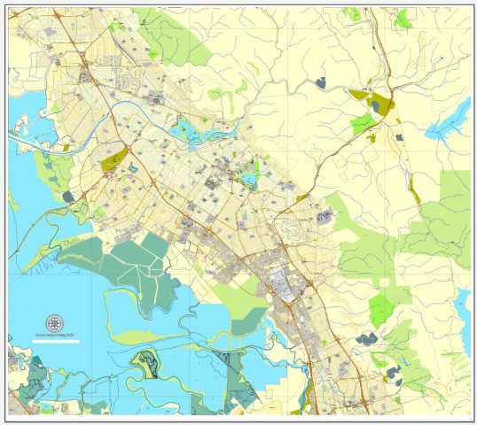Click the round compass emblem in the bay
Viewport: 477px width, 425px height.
click(54, 322)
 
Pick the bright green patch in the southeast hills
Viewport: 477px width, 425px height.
click(380, 309)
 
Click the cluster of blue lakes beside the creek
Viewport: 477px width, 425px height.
click(191, 134)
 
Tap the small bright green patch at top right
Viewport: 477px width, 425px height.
click(403, 18)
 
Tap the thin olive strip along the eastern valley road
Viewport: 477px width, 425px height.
click(412, 186)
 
